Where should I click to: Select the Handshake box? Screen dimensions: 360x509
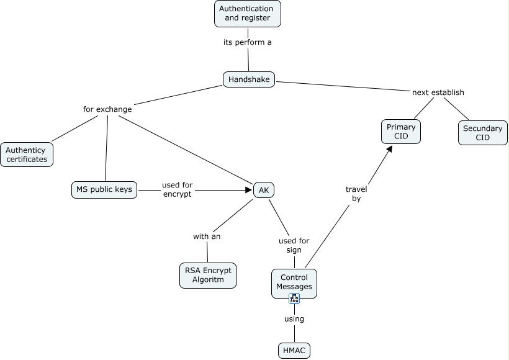click(x=248, y=79)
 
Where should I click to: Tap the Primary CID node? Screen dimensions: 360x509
click(x=400, y=132)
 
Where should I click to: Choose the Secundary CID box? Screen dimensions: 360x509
click(x=482, y=133)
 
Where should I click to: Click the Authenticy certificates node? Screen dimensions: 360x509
click(x=27, y=155)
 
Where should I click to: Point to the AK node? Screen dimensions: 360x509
click(x=263, y=190)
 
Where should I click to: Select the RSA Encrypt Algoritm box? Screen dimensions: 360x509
click(x=208, y=275)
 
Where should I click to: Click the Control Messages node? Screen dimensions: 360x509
click(x=294, y=282)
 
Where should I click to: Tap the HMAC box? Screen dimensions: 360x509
click(x=294, y=350)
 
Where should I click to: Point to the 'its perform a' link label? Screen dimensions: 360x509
click(x=248, y=43)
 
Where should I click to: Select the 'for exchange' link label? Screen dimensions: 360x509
click(x=107, y=109)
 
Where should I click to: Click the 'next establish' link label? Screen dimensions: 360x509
click(x=438, y=92)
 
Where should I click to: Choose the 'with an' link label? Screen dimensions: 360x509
click(x=207, y=236)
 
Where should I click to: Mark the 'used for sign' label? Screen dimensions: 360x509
click(x=294, y=245)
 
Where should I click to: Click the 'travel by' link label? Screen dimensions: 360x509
click(x=356, y=194)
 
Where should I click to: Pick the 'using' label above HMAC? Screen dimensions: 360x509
click(x=294, y=319)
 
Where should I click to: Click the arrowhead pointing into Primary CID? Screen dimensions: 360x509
click(x=389, y=150)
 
